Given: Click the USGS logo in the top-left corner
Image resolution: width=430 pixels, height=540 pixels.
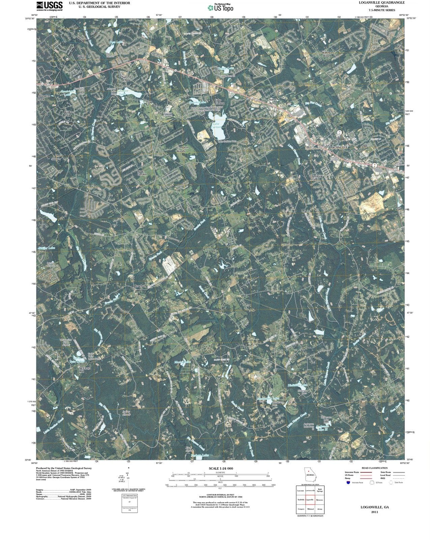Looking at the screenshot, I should pyautogui.click(x=49, y=5).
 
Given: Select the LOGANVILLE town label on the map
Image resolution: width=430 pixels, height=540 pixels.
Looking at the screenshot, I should pyautogui.click(x=338, y=148).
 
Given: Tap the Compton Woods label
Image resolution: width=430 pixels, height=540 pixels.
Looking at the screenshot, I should pyautogui.click(x=182, y=149).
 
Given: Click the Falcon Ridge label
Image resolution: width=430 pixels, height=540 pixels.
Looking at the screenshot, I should pyautogui.click(x=82, y=57).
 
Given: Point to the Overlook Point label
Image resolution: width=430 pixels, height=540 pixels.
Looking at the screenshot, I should pyautogui.click(x=316, y=178).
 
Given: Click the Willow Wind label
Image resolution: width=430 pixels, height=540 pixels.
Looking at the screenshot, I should pyautogui.click(x=326, y=54).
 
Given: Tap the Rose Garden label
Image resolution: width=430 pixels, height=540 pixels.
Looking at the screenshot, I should pyautogui.click(x=142, y=172).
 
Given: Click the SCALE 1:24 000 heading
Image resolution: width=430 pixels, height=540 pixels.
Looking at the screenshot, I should pyautogui.click(x=221, y=469).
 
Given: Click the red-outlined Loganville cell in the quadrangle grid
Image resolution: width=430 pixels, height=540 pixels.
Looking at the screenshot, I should pyautogui.click(x=310, y=500).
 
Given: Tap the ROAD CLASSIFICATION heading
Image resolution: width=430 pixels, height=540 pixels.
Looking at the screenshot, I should pyautogui.click(x=374, y=468).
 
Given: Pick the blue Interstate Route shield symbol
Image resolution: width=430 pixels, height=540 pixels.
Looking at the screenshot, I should pyautogui.click(x=348, y=482).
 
